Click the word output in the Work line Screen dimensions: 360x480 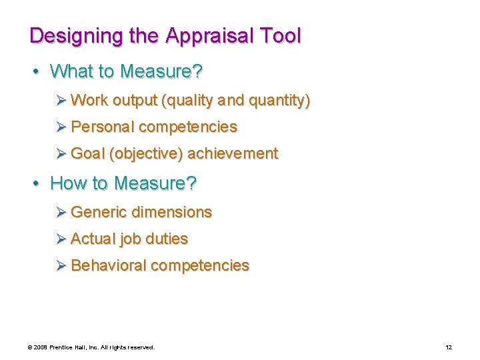(x=134, y=101)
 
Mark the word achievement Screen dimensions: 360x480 (x=233, y=153)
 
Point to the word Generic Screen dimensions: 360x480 (x=99, y=212)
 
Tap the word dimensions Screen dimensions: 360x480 (x=172, y=212)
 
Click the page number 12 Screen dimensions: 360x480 (x=449, y=347)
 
